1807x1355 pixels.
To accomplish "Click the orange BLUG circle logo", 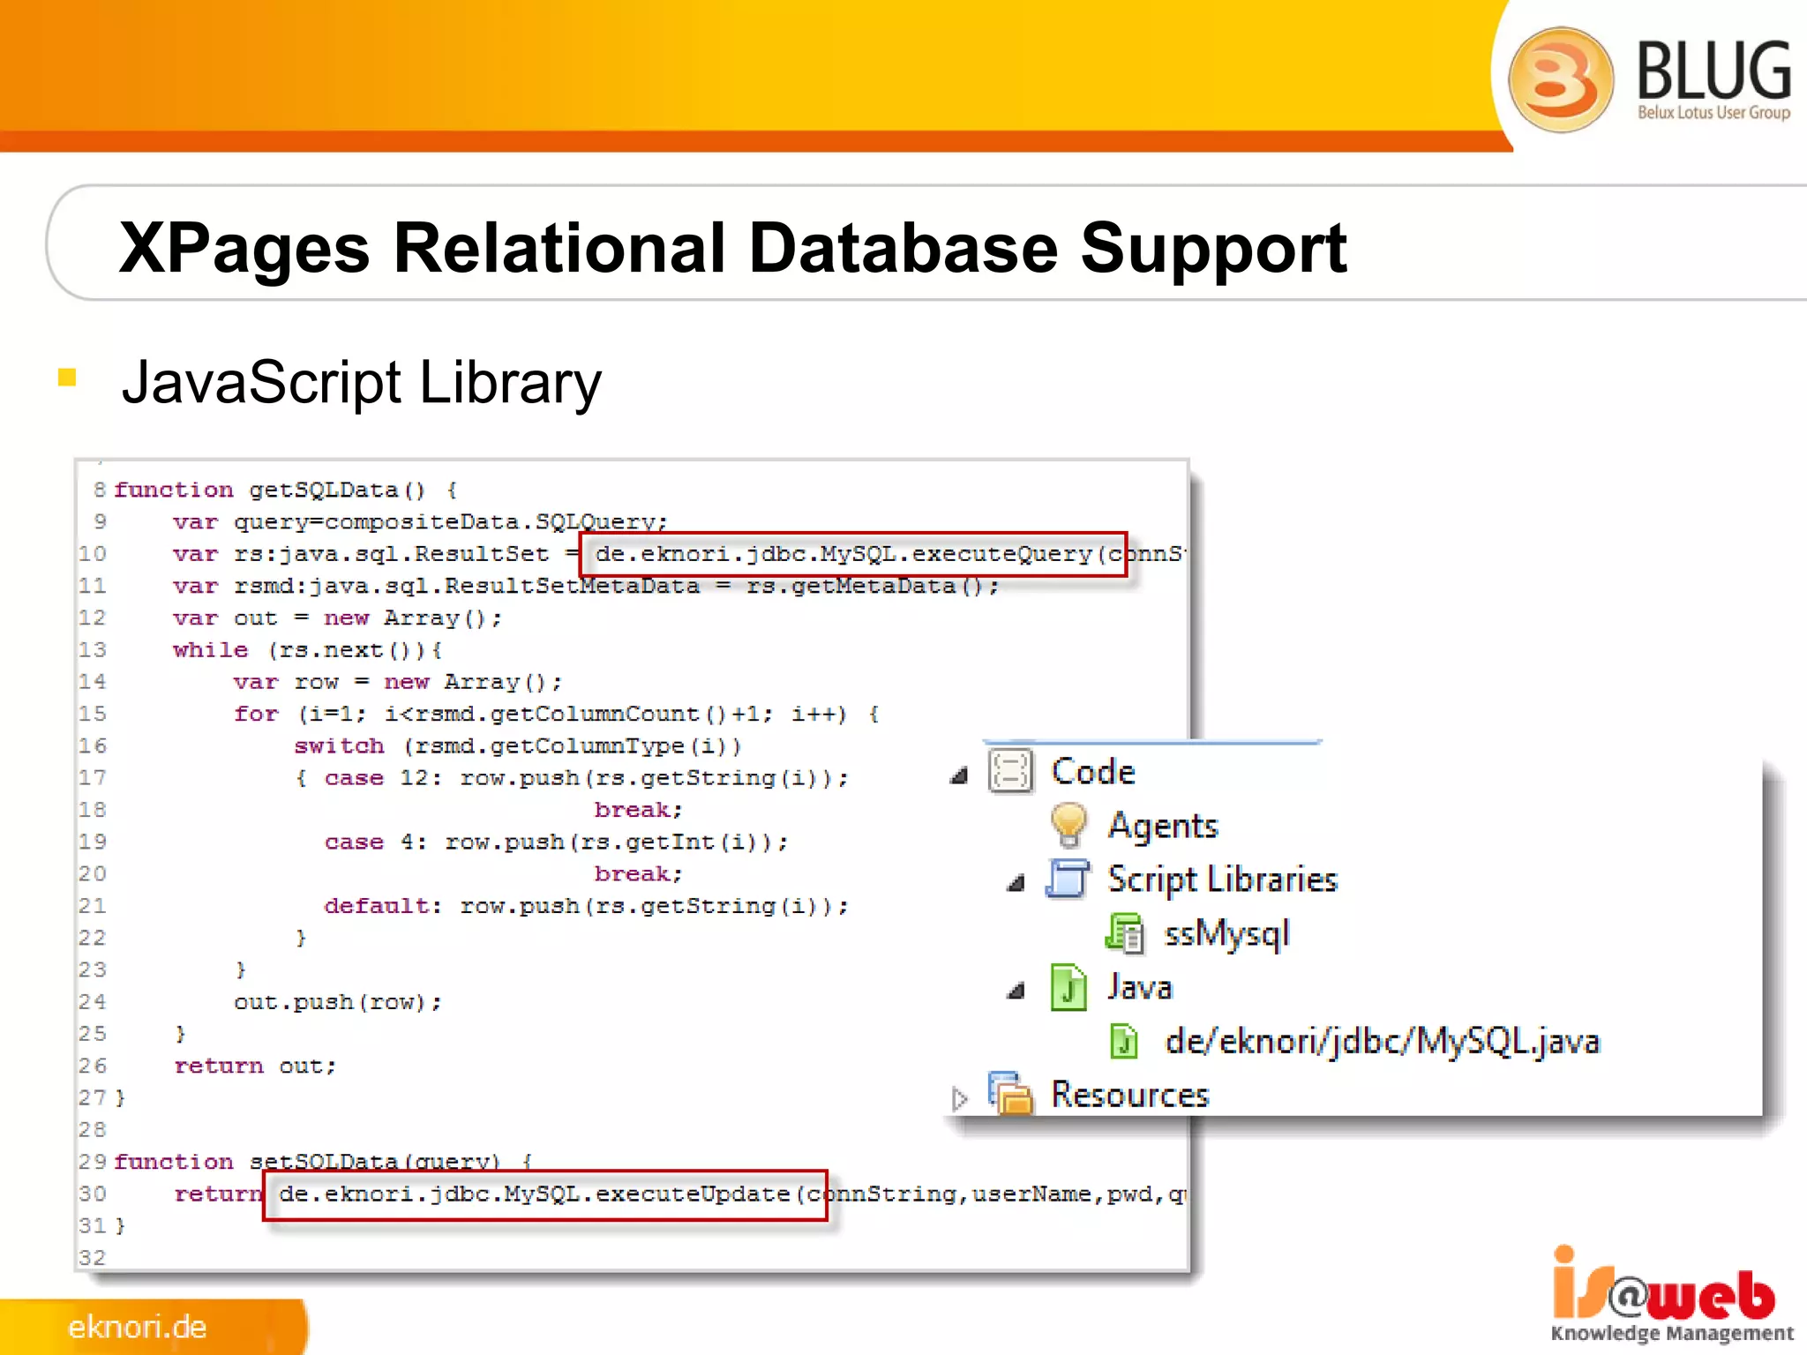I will pyautogui.click(x=1560, y=79).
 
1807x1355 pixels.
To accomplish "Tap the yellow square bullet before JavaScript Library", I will pyautogui.click(x=67, y=378).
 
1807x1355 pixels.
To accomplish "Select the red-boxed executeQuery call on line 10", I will pyautogui.click(x=852, y=554).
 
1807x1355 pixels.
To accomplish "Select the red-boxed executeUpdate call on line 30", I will pyautogui.click(x=544, y=1195).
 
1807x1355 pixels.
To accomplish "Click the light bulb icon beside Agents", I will pyautogui.click(x=1068, y=825).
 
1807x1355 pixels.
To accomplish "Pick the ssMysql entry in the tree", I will pyautogui.click(x=1226, y=933).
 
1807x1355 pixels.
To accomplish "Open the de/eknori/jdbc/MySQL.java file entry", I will pyautogui.click(x=1381, y=1041).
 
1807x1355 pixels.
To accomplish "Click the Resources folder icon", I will pyautogui.click(x=1010, y=1094).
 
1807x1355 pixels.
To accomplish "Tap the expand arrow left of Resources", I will pyautogui.click(x=960, y=1097).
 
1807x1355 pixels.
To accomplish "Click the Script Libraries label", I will pyautogui.click(x=1222, y=880).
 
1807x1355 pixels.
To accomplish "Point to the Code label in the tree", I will pyautogui.click(x=1092, y=772).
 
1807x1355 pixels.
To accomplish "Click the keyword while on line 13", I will pyautogui.click(x=210, y=650).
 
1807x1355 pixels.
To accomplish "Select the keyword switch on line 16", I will pyautogui.click(x=339, y=746).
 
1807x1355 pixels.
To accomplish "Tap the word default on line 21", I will pyautogui.click(x=377, y=906).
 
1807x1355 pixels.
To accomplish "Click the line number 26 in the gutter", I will pyautogui.click(x=92, y=1066).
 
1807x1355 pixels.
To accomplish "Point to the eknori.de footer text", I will pyautogui.click(x=137, y=1327).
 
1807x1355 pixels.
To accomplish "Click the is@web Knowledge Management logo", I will pyautogui.click(x=1670, y=1294).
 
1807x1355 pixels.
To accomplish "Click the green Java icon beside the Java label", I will pyautogui.click(x=1068, y=987).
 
